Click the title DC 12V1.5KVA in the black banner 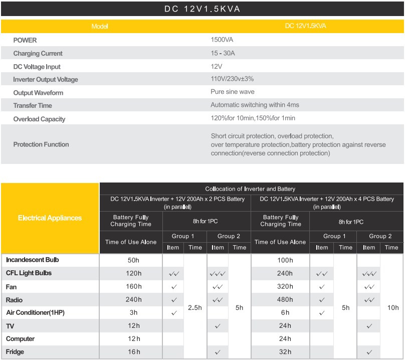(x=202, y=9)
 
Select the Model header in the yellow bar (x=100, y=27)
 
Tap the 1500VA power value (x=222, y=40)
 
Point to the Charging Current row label (x=38, y=54)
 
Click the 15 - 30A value (x=223, y=53)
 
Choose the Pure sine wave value (x=233, y=92)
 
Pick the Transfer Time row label (x=33, y=105)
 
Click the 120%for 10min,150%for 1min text (x=253, y=118)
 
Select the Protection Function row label (x=41, y=144)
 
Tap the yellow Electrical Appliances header (x=50, y=218)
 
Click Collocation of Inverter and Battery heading (x=250, y=189)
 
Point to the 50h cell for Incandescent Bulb (x=133, y=260)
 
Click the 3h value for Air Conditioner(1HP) (x=133, y=312)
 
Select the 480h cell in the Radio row (x=285, y=299)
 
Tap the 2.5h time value (x=195, y=307)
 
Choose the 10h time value (x=393, y=307)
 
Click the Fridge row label (x=15, y=352)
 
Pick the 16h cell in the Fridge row (x=134, y=352)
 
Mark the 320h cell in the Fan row (x=285, y=286)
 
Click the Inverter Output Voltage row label (x=46, y=79)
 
